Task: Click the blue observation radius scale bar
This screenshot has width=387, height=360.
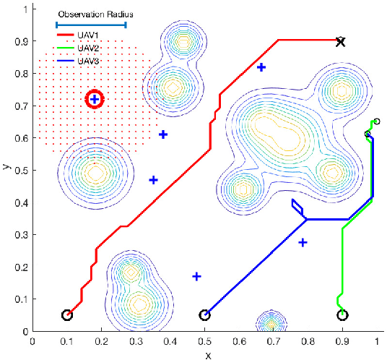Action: tap(91, 25)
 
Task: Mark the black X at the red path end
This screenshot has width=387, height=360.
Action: tap(341, 42)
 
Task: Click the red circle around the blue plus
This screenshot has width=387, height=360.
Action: tap(95, 99)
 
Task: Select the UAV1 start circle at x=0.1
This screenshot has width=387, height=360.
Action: tap(67, 315)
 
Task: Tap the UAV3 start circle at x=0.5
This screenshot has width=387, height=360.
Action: tap(205, 315)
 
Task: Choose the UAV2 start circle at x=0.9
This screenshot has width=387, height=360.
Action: tap(342, 315)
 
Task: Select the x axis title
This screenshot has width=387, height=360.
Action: tap(207, 354)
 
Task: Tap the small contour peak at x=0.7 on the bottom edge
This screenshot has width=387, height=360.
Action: tap(271, 323)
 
